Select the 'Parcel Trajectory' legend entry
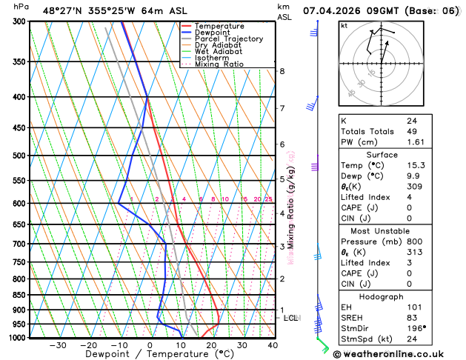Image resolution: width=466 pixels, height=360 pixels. [228, 39]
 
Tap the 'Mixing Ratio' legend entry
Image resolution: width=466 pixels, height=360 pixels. [219, 64]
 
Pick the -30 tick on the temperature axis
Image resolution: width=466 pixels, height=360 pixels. [58, 345]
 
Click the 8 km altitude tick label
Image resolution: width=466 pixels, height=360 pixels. [282, 71]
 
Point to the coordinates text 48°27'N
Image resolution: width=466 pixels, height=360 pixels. [64, 10]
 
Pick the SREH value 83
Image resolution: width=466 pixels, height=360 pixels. [412, 317]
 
